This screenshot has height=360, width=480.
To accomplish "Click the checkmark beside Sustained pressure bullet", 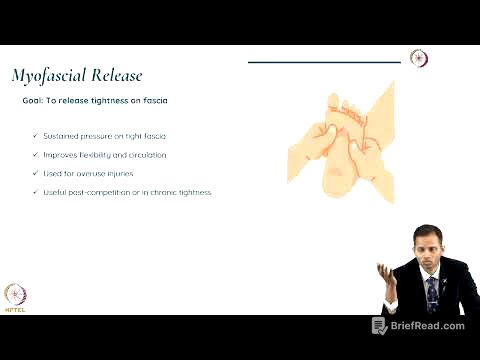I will [36, 135].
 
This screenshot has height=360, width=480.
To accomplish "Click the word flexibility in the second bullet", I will [94, 155].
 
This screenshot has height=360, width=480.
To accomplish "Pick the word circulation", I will [145, 155].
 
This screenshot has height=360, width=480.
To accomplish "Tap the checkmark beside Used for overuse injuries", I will [36, 173].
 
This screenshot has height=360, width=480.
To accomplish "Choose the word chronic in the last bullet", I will [171, 192].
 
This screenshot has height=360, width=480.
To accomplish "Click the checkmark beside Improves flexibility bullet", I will [36, 155].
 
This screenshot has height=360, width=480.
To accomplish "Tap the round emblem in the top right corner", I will [419, 58].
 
